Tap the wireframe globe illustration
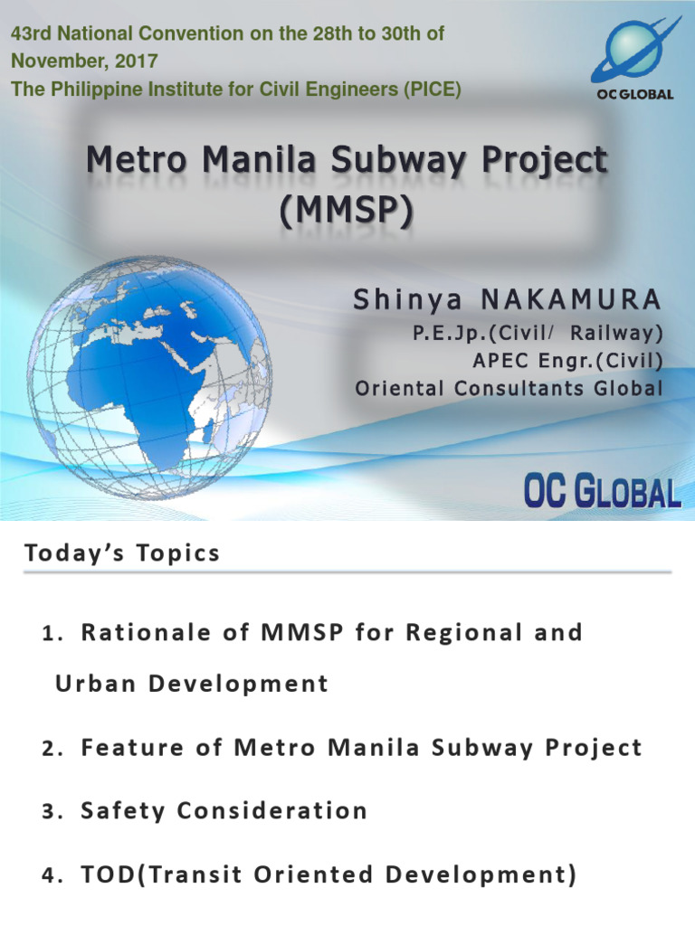coord(149,366)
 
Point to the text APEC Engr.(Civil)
coord(567,361)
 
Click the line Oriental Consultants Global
coord(509,389)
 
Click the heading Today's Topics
coord(122,553)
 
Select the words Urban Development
coord(192,684)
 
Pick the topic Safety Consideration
coord(224,810)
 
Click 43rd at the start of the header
coord(31,33)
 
